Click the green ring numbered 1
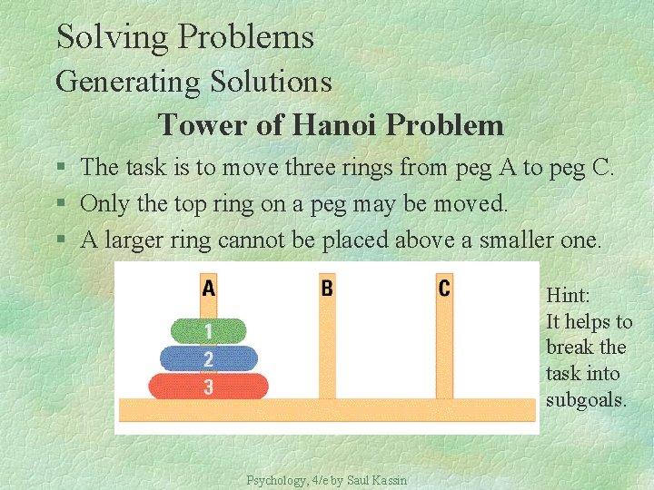pyautogui.click(x=208, y=331)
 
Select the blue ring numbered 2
pyautogui.click(x=208, y=358)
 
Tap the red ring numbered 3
pyautogui.click(x=208, y=387)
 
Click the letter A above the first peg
pyautogui.click(x=209, y=289)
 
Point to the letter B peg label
pyautogui.click(x=327, y=289)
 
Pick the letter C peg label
pyautogui.click(x=444, y=289)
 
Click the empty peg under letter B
pyautogui.click(x=327, y=354)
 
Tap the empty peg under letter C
pyautogui.click(x=444, y=354)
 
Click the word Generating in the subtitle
pyautogui.click(x=127, y=82)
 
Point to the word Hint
pyautogui.click(x=568, y=295)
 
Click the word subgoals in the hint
pyautogui.click(x=586, y=399)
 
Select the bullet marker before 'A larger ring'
pyautogui.click(x=60, y=241)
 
